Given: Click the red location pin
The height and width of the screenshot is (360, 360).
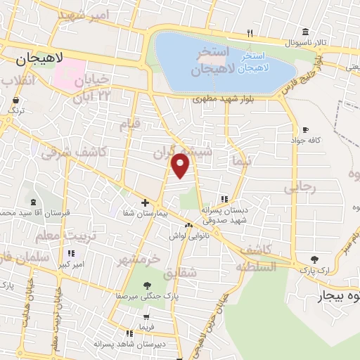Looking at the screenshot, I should point(181,166).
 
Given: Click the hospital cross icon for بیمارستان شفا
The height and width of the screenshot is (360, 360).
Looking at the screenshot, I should point(145,202).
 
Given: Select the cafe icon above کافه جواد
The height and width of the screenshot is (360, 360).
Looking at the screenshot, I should point(305,129).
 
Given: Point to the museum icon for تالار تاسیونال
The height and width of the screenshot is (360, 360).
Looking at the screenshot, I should point(304,32).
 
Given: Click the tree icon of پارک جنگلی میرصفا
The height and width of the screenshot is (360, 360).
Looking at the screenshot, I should point(147,285).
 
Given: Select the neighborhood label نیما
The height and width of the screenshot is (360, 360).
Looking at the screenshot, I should point(236,160).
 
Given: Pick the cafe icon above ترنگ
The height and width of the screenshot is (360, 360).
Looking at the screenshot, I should point(13,101).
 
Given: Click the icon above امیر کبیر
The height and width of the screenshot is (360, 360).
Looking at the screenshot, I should point(71,254).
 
